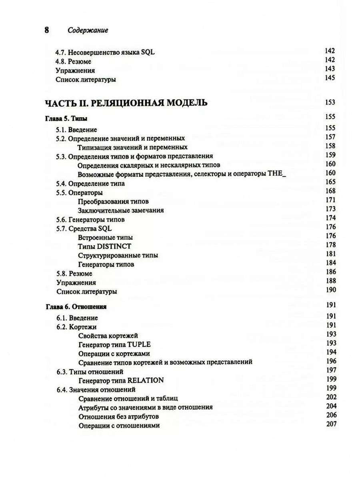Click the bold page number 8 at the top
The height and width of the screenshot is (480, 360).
(46, 30)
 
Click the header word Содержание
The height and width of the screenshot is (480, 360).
(88, 30)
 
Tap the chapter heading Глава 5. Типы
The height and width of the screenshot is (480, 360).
(66, 118)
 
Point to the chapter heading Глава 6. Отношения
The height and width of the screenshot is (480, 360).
(75, 307)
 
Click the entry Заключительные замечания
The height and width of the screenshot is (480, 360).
(121, 210)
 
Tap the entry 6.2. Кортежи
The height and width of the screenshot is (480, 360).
(76, 327)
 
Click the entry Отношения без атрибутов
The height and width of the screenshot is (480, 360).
(116, 416)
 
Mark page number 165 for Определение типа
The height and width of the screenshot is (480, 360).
(330, 182)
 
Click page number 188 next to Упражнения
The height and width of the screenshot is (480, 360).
(330, 281)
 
